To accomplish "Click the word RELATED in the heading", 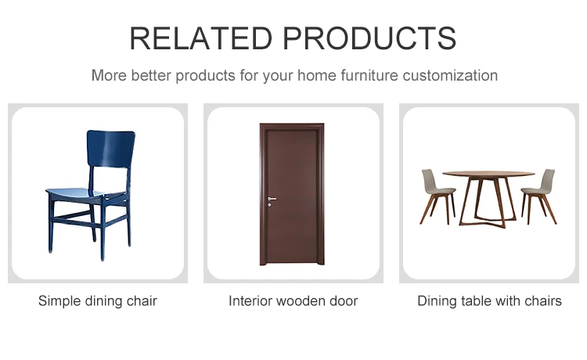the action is coord(200,38).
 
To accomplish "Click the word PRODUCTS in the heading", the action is coord(369,38).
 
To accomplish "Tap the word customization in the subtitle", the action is coord(450,76).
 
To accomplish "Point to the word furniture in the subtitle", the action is coord(369,76).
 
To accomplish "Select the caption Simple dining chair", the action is coord(98,301).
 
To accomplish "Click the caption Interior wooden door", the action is coord(293,301).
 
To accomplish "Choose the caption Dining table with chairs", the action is coord(489,301).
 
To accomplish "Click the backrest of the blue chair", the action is coord(110,149).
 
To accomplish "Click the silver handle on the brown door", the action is coord(272,199).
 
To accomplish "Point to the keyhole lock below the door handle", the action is coord(269,205).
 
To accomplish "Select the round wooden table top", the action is coord(488,174).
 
